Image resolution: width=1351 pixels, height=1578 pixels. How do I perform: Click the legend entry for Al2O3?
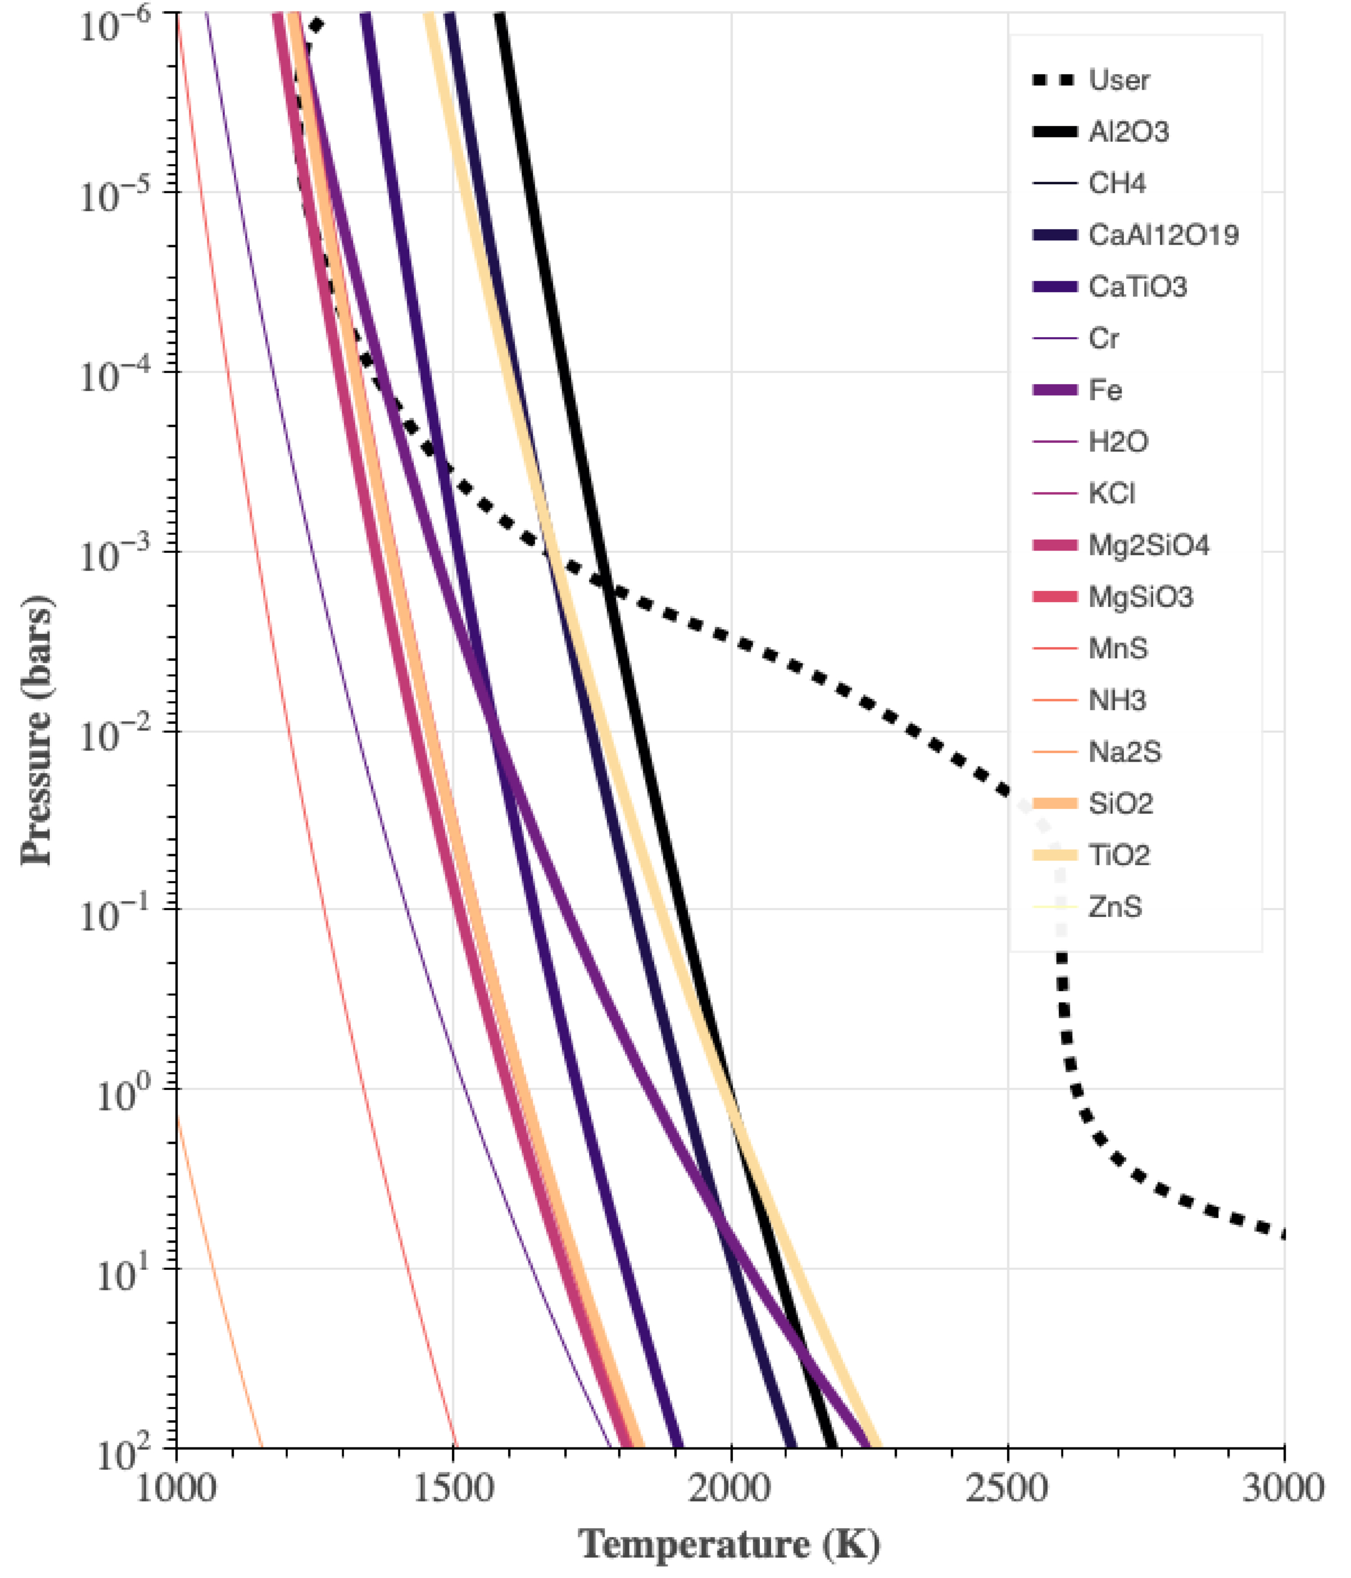pos(1128,132)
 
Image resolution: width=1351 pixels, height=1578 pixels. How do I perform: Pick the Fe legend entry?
pos(1105,391)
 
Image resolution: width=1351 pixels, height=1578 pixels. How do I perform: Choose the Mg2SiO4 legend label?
pos(1148,546)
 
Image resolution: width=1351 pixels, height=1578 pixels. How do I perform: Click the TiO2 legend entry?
pos(1119,856)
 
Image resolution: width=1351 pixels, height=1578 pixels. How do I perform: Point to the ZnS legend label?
pos(1115,908)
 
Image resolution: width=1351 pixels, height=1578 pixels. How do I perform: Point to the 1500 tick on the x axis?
pos(453,1488)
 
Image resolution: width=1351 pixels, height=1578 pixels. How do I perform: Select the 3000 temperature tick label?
pos(1284,1488)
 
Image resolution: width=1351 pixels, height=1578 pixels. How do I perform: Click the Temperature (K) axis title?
pos(729,1545)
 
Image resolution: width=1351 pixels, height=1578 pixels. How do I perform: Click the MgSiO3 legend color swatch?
pos(1055,597)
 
